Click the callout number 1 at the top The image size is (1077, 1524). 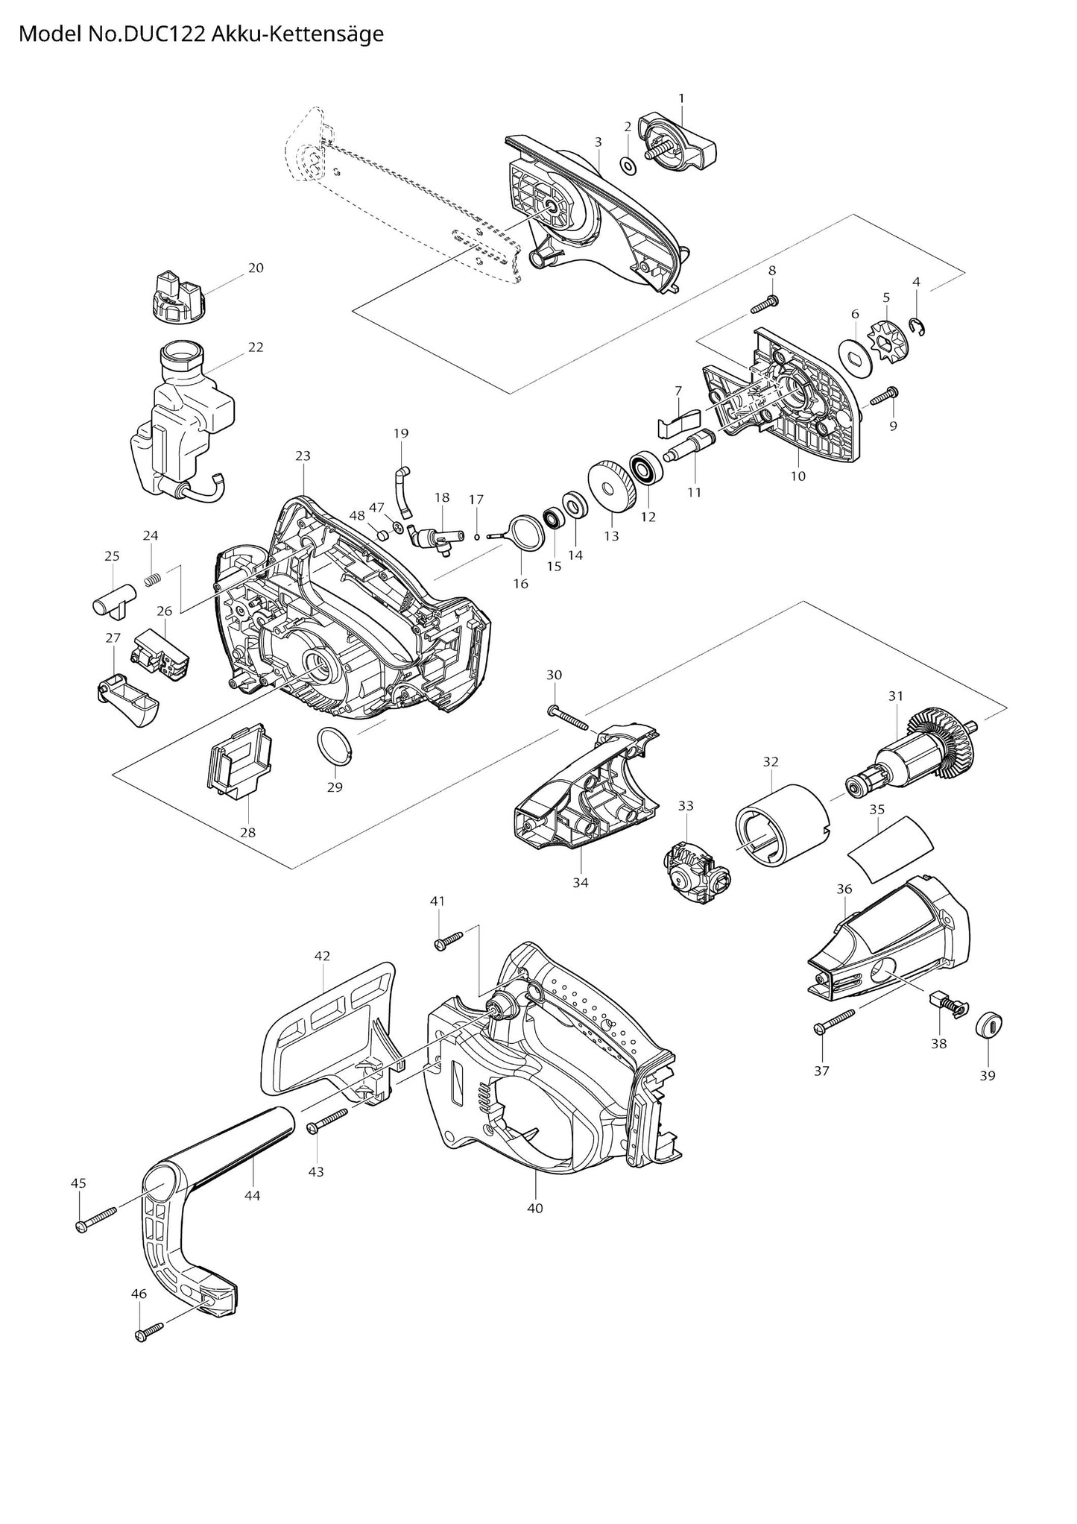click(x=680, y=98)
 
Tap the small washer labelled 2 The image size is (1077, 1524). click(x=628, y=163)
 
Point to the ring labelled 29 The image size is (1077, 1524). click(x=333, y=746)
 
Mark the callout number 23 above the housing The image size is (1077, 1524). click(x=303, y=456)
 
